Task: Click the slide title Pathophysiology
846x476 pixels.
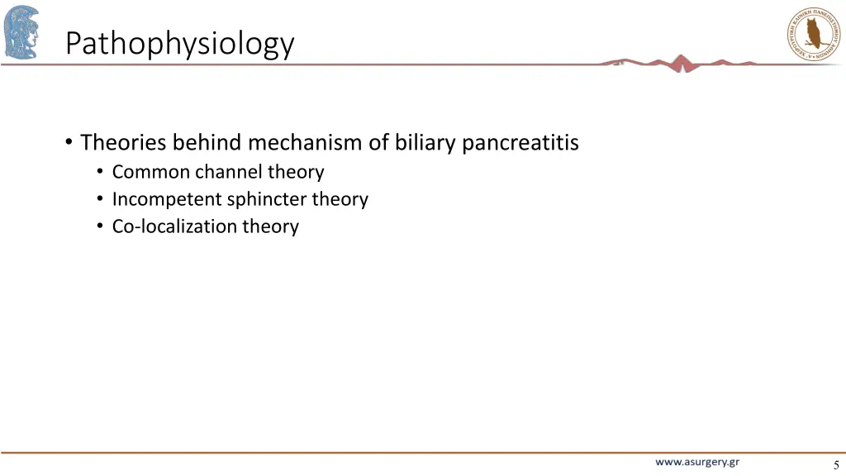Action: coord(179,43)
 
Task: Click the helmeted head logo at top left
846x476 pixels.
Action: coord(21,31)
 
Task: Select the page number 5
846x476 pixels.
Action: coord(836,465)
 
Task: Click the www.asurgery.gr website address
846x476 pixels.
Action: coord(697,462)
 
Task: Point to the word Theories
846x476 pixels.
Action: coord(124,143)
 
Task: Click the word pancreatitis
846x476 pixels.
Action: coord(520,143)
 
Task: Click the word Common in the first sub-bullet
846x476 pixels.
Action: coord(151,172)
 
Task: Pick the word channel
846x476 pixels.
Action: coord(228,172)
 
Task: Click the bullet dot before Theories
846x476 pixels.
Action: coord(68,143)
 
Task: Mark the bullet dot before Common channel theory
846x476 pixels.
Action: coord(100,173)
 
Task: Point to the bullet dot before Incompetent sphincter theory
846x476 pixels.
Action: coord(100,200)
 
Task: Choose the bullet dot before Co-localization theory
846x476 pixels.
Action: coord(100,227)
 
